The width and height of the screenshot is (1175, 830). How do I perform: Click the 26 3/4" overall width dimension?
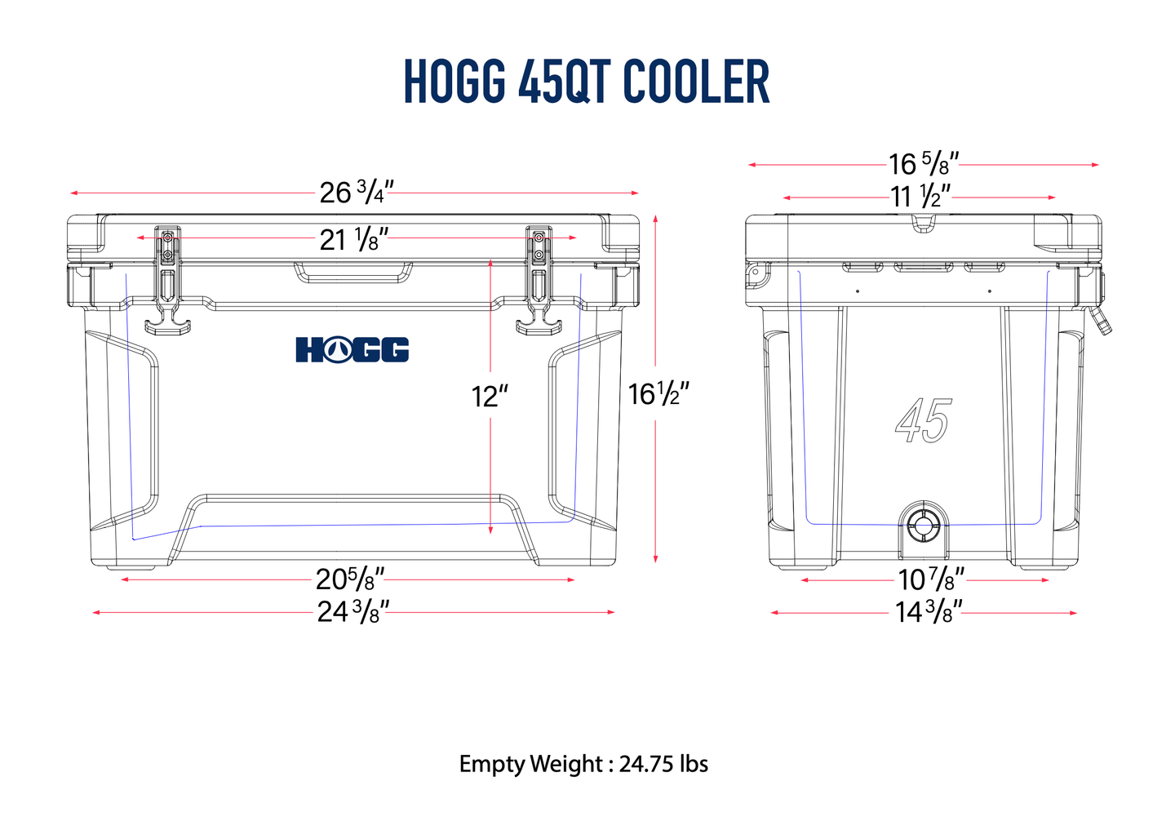(x=356, y=193)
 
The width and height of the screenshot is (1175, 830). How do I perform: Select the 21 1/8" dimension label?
(x=353, y=240)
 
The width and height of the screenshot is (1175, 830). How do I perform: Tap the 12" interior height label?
(x=490, y=397)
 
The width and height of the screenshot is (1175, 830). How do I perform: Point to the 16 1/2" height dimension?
(x=658, y=394)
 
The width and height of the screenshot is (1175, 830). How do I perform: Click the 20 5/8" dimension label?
(x=349, y=579)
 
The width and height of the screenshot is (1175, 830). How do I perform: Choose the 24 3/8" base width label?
(x=352, y=611)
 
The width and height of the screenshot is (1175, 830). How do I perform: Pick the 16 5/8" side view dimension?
(x=923, y=164)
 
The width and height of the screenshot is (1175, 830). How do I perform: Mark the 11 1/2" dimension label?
(x=920, y=197)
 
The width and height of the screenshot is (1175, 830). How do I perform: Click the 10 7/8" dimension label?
(x=931, y=579)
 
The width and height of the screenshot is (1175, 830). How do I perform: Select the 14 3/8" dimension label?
(x=929, y=611)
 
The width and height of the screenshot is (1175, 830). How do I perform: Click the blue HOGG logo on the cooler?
(x=352, y=349)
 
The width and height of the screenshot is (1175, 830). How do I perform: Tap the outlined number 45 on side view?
(x=923, y=421)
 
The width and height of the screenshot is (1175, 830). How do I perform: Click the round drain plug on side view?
(x=923, y=525)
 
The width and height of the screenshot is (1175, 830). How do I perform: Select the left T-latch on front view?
(x=168, y=282)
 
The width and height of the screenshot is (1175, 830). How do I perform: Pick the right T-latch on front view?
(x=539, y=282)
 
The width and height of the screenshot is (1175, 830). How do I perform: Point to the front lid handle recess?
(x=353, y=272)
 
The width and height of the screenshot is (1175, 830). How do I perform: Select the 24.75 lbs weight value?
(x=663, y=764)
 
